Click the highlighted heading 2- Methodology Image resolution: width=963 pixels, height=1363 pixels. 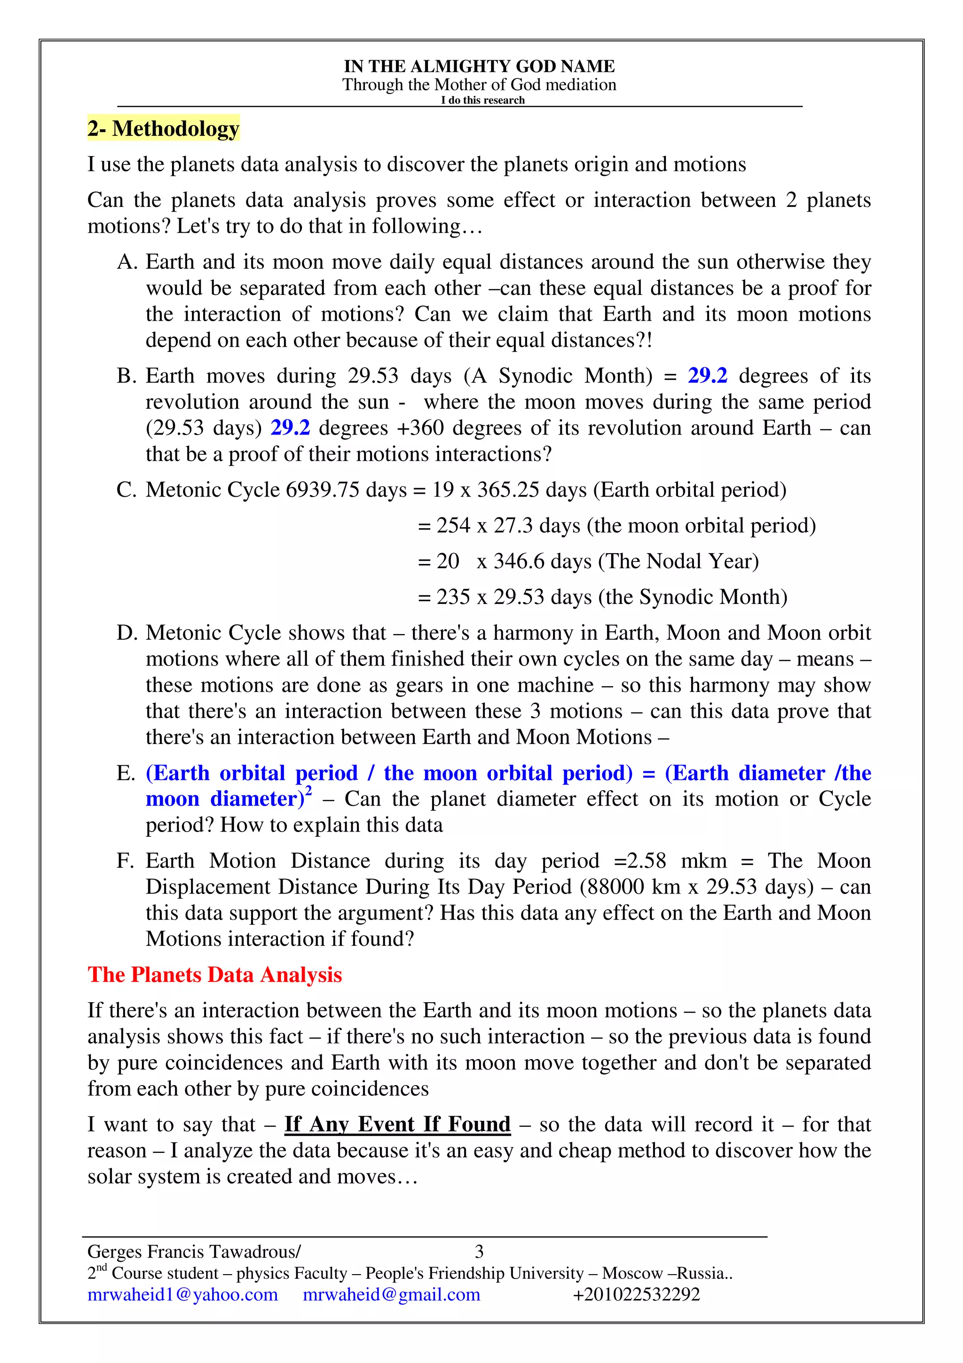[163, 128]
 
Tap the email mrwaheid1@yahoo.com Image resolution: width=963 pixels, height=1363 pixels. [183, 1294]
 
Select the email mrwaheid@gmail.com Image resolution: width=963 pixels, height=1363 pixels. [392, 1294]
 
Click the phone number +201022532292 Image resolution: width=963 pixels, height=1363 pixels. [636, 1294]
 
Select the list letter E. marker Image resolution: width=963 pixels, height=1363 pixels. [126, 773]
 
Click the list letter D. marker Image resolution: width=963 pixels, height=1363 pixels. [126, 633]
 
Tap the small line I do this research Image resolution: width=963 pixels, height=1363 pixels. [482, 100]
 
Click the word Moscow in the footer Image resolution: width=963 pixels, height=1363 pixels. [632, 1273]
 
